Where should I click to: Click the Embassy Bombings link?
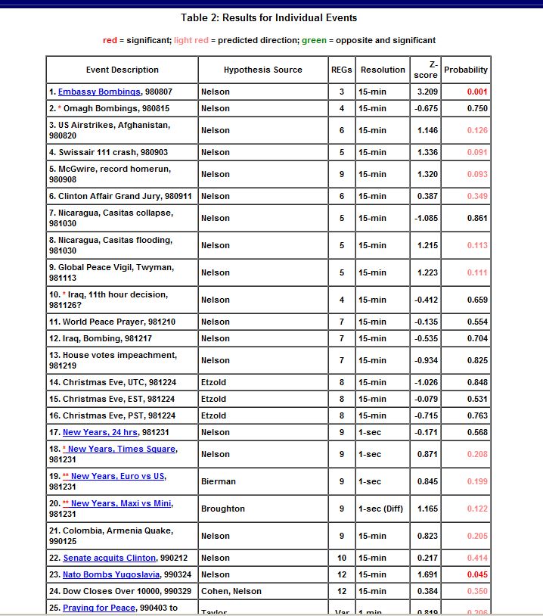coord(100,92)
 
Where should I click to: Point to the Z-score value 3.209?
coord(427,92)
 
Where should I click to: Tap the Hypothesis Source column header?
coord(262,70)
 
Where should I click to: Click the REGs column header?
coord(341,70)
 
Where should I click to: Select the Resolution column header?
coord(383,70)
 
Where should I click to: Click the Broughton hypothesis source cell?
coord(222,509)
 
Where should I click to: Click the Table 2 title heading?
coord(269,17)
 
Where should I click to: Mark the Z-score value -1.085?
coord(427,218)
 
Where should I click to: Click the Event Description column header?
coord(123,70)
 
